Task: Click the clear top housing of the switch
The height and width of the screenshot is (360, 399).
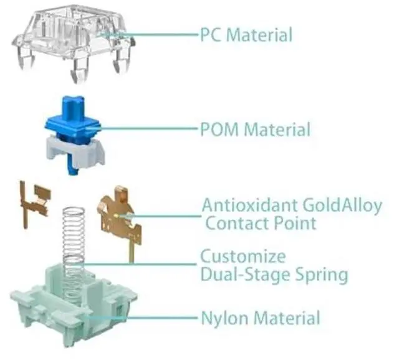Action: (72, 37)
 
